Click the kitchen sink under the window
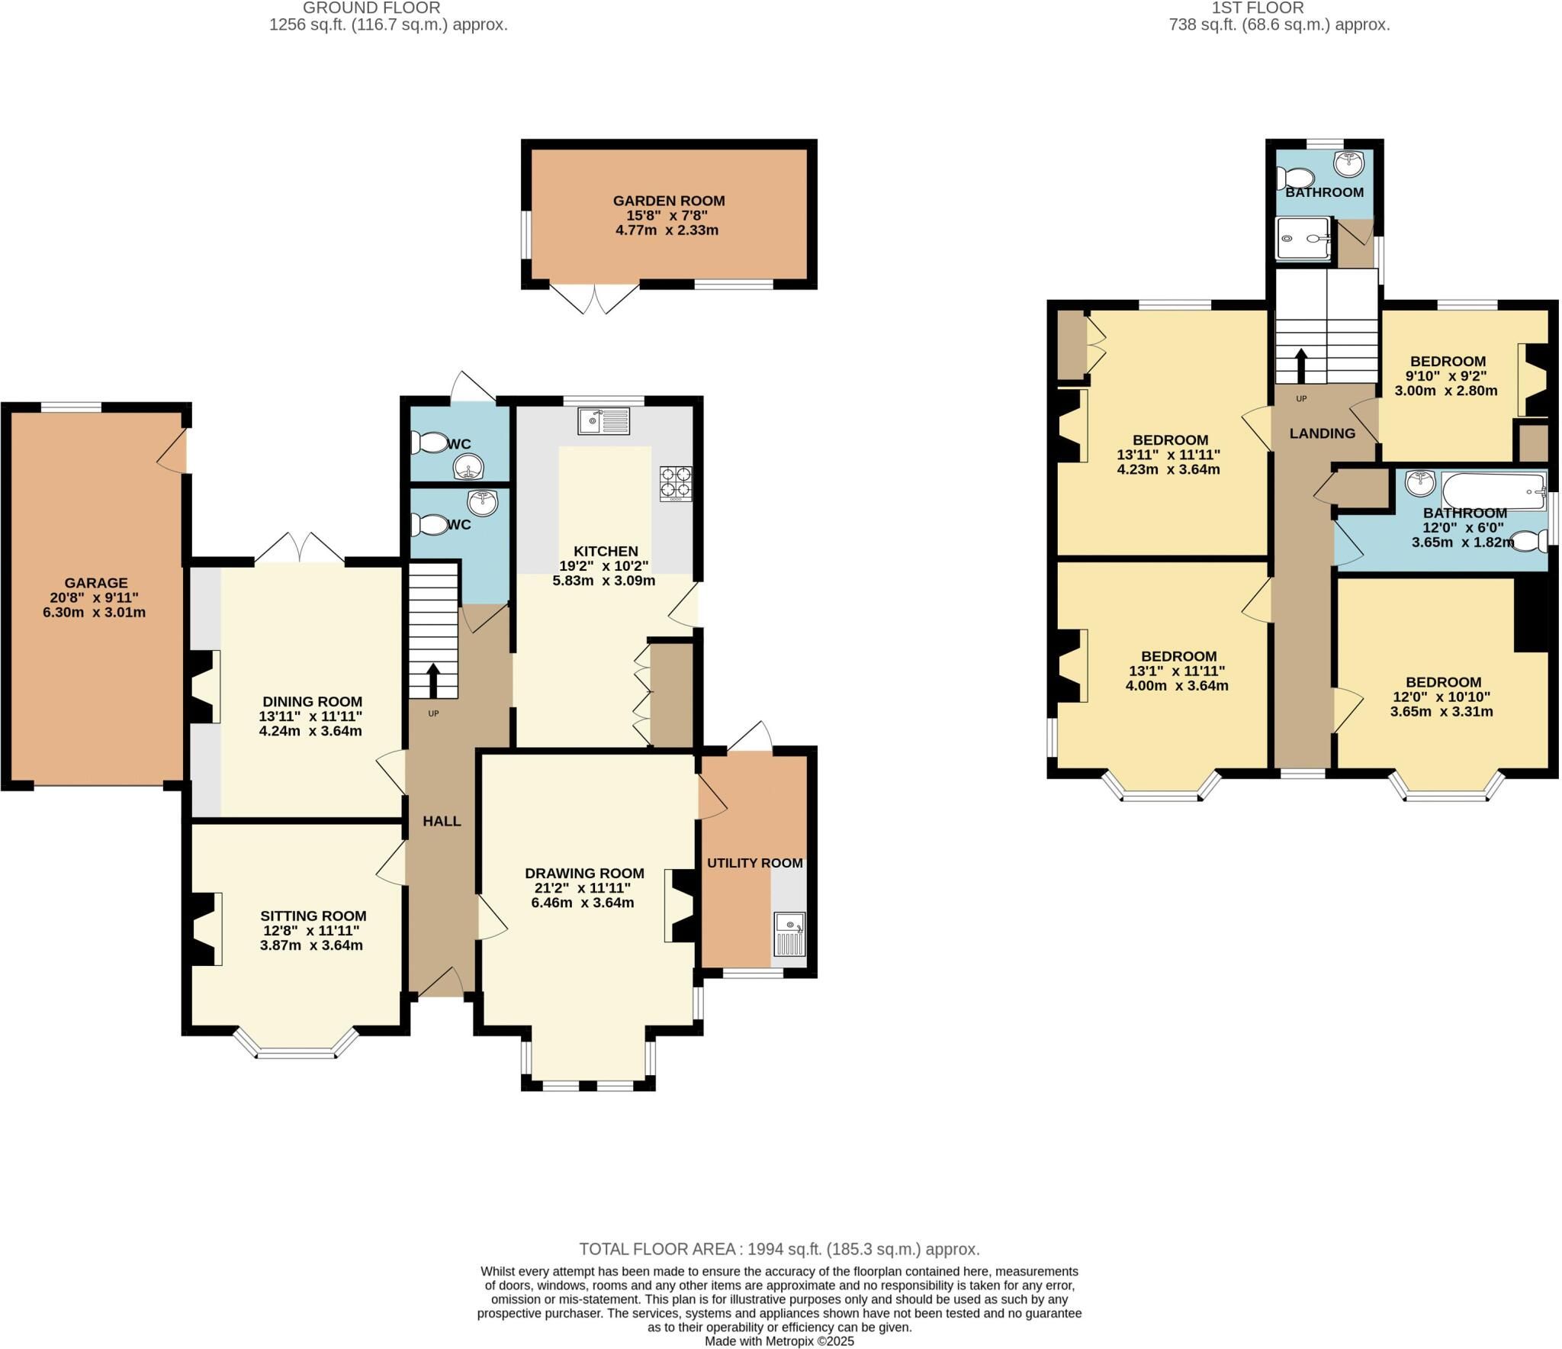click(x=604, y=420)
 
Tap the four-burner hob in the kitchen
click(x=677, y=483)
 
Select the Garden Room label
click(x=669, y=201)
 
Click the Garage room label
click(x=96, y=583)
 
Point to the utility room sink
click(x=789, y=935)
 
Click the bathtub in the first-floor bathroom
click(x=1493, y=490)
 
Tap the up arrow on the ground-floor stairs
click(x=433, y=680)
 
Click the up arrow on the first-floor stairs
click(x=1300, y=366)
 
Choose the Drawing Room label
click(x=584, y=873)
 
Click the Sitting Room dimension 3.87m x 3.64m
click(x=311, y=945)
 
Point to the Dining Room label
click(x=312, y=701)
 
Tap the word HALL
click(x=442, y=821)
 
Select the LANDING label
click(x=1322, y=433)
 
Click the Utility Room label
click(x=754, y=863)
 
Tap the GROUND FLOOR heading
click(x=371, y=8)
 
